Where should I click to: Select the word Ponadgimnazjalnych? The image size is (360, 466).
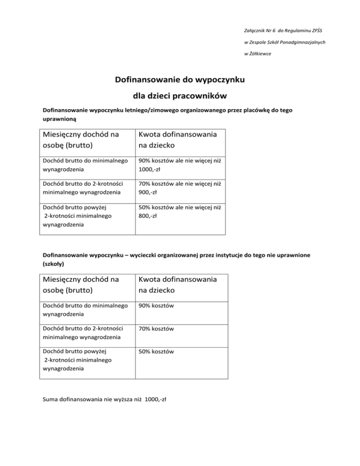302,42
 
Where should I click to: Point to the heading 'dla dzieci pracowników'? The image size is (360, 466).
180,97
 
